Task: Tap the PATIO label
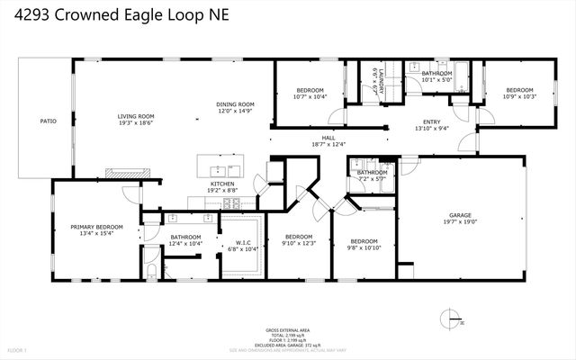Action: pos(48,121)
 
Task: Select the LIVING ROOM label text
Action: pos(136,116)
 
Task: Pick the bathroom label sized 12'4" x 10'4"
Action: pos(185,238)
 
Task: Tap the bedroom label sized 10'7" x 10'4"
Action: pos(310,91)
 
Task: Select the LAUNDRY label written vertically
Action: pos(380,82)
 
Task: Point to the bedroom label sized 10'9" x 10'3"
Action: pos(518,91)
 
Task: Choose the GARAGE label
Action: pos(461,216)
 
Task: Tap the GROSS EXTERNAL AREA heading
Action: pos(287,329)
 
